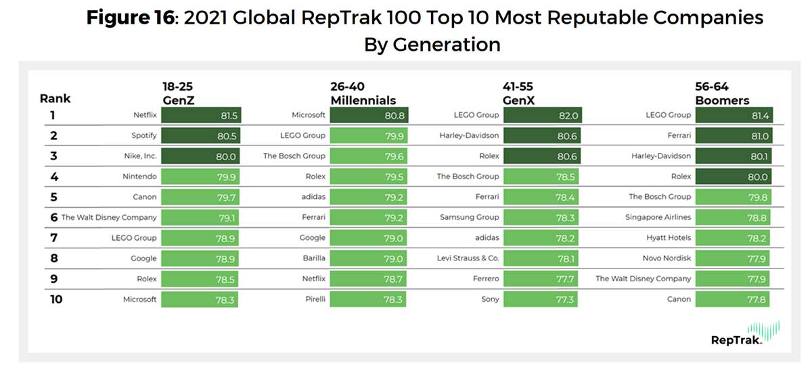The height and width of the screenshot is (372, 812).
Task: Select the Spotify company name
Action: (x=143, y=136)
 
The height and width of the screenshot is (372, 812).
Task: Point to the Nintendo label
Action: (x=141, y=177)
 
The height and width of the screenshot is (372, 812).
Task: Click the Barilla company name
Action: (x=312, y=258)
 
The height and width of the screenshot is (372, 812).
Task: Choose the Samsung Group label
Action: (x=469, y=217)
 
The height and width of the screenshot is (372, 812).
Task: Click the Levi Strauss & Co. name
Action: (x=468, y=258)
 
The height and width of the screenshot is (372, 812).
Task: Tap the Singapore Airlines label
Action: (x=658, y=217)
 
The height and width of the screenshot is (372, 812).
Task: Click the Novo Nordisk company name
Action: (x=667, y=258)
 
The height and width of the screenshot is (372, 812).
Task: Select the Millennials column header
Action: (x=363, y=101)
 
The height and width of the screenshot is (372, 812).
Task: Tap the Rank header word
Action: (x=55, y=99)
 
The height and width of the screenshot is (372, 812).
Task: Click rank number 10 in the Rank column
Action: (x=55, y=299)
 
